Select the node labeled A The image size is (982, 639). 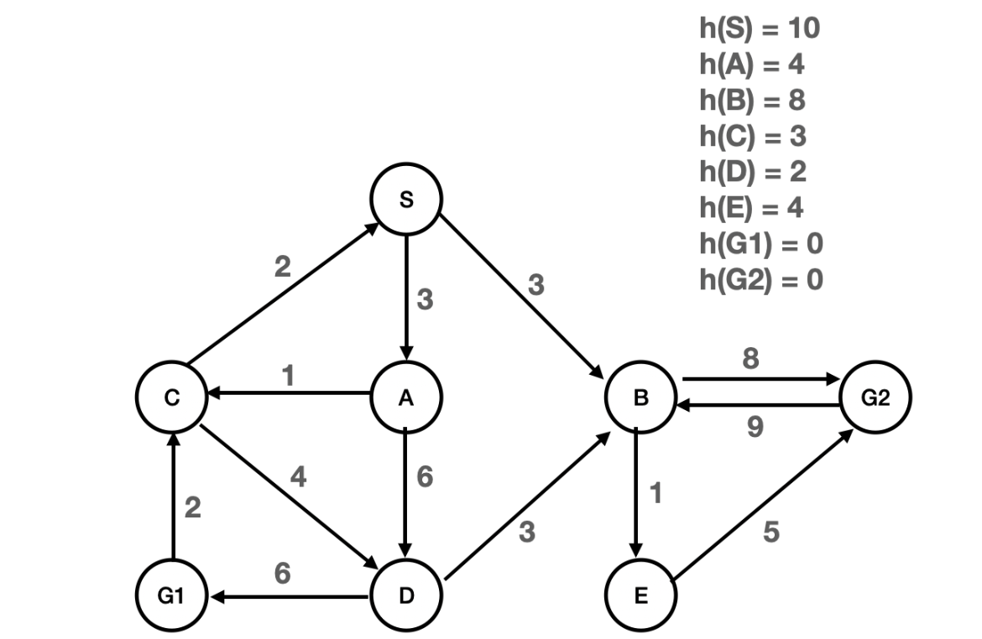click(406, 399)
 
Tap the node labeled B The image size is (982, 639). click(640, 399)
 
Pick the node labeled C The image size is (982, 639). click(172, 399)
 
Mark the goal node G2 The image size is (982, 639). click(875, 399)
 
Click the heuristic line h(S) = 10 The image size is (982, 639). click(759, 29)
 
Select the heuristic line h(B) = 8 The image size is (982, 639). click(752, 101)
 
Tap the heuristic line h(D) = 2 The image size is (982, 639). click(752, 172)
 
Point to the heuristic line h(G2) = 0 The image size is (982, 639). click(760, 278)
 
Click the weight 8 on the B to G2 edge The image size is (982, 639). click(751, 358)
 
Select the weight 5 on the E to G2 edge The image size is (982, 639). click(770, 532)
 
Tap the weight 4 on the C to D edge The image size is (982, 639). click(298, 479)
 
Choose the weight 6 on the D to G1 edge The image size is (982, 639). click(284, 574)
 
